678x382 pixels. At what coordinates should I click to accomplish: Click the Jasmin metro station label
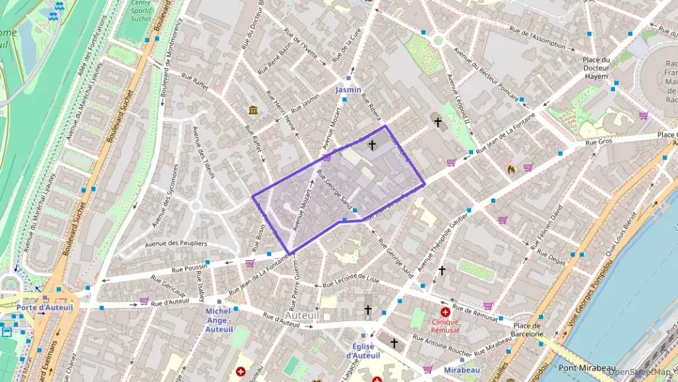pyautogui.click(x=348, y=90)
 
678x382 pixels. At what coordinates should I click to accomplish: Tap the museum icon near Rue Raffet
pyautogui.click(x=254, y=109)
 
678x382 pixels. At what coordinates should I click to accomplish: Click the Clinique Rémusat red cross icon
pyautogui.click(x=445, y=312)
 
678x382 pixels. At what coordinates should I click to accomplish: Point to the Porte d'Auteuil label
pyautogui.click(x=45, y=307)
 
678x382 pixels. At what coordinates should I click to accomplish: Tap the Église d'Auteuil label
pyautogui.click(x=363, y=351)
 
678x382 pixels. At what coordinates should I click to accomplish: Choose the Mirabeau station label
pyautogui.click(x=461, y=370)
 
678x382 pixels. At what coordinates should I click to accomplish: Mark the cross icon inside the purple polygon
pyautogui.click(x=372, y=145)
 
